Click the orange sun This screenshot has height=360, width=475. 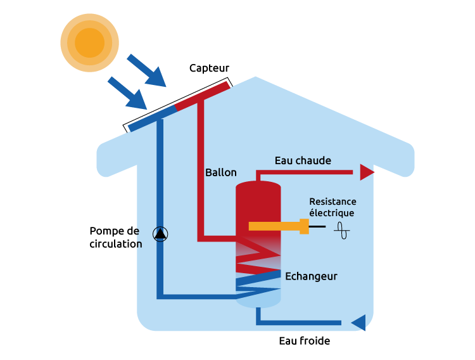point(89,42)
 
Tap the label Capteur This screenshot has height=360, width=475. point(209,68)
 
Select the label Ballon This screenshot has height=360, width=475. point(221,172)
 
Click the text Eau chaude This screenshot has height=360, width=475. point(303,160)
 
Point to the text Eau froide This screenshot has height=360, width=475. point(304,341)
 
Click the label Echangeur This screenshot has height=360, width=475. point(311,276)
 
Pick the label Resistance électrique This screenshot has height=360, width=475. point(332,207)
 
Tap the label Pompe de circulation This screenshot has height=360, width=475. point(115,238)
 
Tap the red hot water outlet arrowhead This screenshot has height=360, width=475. point(367,172)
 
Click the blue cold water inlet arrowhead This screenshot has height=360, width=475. point(359,323)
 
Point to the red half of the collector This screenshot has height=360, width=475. point(203,95)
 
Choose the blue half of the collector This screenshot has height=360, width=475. point(153,119)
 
